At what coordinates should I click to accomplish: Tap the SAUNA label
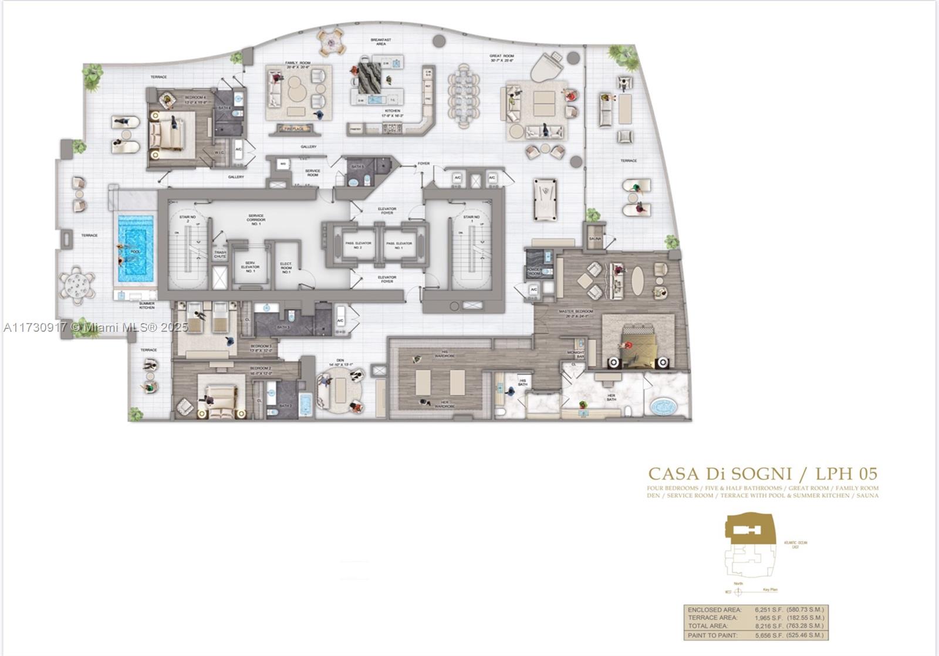point(595,239)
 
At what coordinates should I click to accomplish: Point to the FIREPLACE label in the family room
point(292,128)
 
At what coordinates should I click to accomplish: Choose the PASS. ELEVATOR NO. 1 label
point(398,245)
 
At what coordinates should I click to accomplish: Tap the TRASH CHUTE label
point(220,254)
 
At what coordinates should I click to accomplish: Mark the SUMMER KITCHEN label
point(147,305)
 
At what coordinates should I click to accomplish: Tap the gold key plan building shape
point(750,526)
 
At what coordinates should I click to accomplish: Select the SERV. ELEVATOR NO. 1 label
point(250,267)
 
